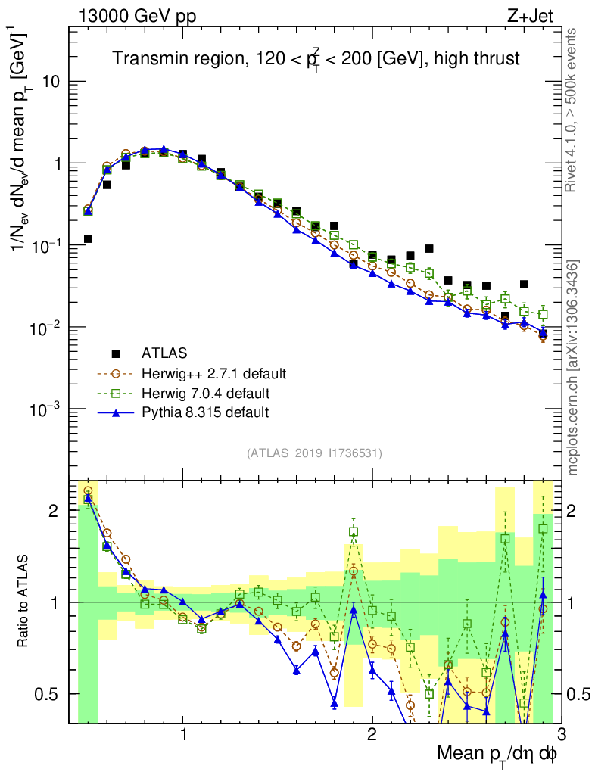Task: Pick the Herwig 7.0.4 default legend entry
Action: tap(205, 393)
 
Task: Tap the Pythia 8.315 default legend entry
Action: tap(204, 412)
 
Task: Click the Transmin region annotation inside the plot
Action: tap(316, 59)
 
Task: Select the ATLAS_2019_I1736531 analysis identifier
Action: tap(314, 453)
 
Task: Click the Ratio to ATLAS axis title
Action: tap(26, 601)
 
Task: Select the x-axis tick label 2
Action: tap(372, 734)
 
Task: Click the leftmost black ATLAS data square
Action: tap(88, 238)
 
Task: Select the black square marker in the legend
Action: tap(117, 353)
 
